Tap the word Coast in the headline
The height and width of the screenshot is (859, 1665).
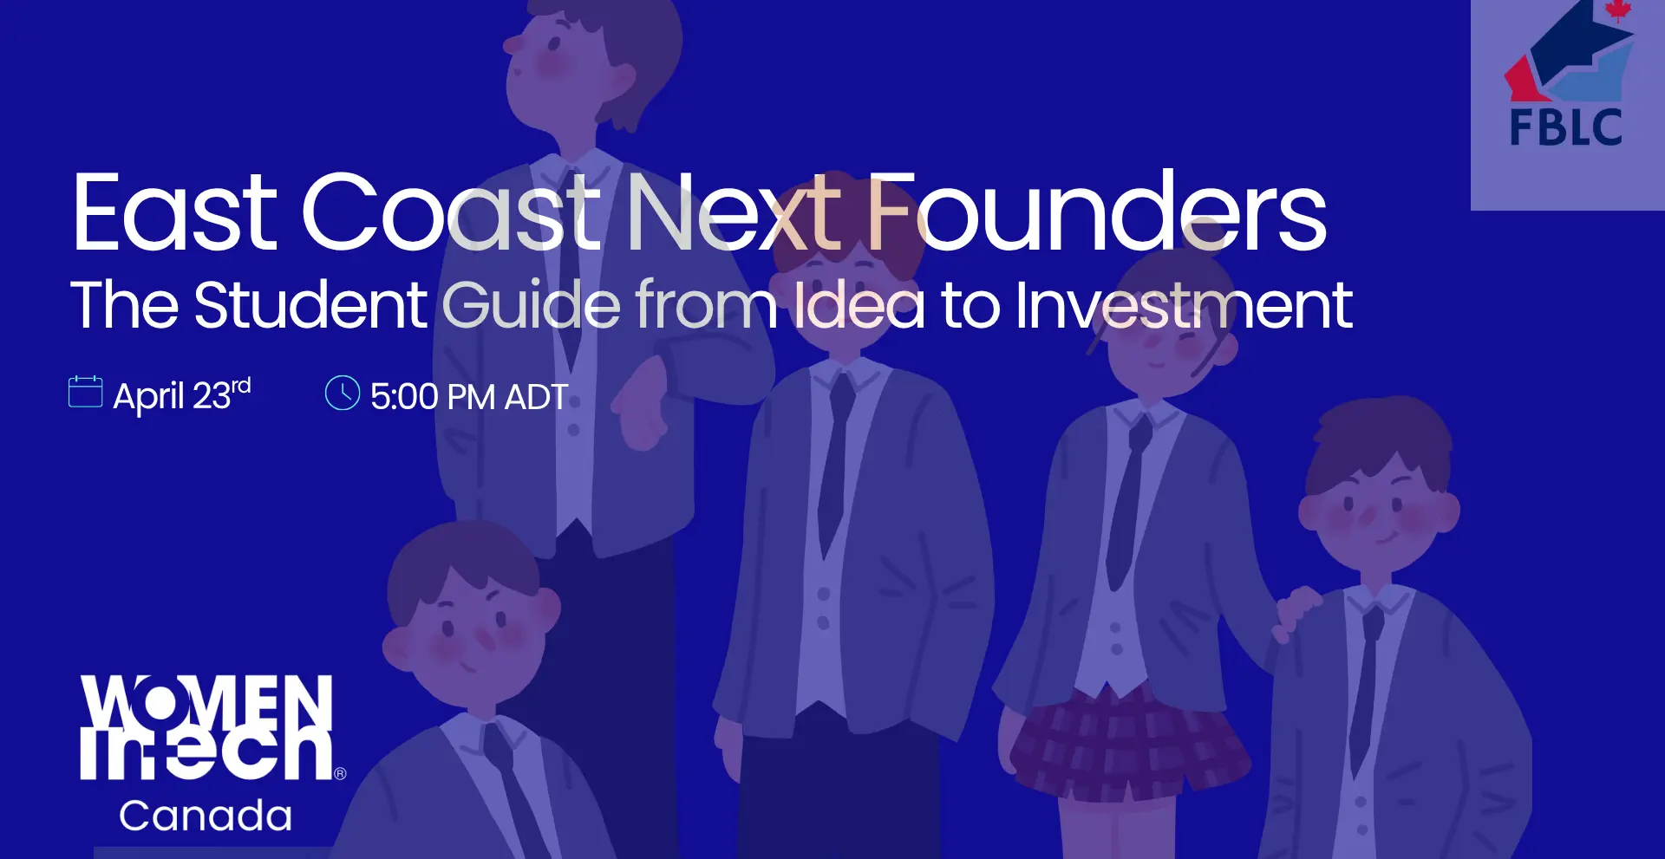(x=451, y=212)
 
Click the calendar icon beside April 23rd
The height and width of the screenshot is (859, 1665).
(x=86, y=392)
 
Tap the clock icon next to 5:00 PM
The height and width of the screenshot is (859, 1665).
(x=343, y=393)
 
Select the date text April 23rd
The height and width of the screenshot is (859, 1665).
(x=182, y=395)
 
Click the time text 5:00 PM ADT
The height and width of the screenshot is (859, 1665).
(x=469, y=397)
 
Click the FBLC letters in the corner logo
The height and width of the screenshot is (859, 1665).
(x=1566, y=128)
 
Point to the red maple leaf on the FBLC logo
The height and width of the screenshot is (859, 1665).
(x=1617, y=10)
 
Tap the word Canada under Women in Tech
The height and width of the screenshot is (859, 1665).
(x=206, y=816)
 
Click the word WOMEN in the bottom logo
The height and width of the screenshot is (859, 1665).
(x=207, y=701)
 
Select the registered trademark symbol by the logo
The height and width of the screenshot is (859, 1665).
(x=340, y=773)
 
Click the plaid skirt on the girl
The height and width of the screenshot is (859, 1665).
(x=1127, y=744)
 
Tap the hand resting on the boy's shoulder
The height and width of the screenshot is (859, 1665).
(x=1297, y=612)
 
